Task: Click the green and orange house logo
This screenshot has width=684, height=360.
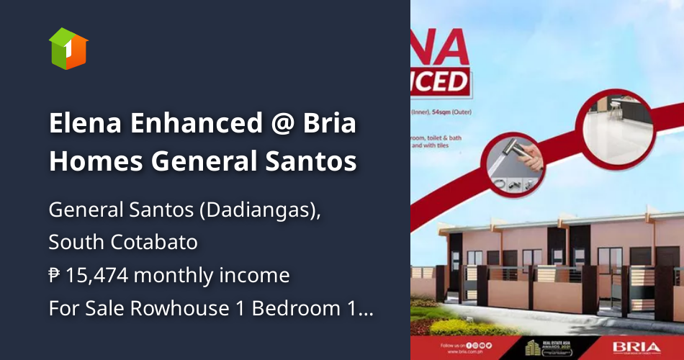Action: (68, 48)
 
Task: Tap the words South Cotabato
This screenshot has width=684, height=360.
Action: (123, 242)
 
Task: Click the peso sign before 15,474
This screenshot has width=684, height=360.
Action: (55, 275)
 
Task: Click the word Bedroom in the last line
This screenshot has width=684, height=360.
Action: (286, 308)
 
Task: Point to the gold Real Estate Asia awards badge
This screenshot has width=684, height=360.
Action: (541, 346)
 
